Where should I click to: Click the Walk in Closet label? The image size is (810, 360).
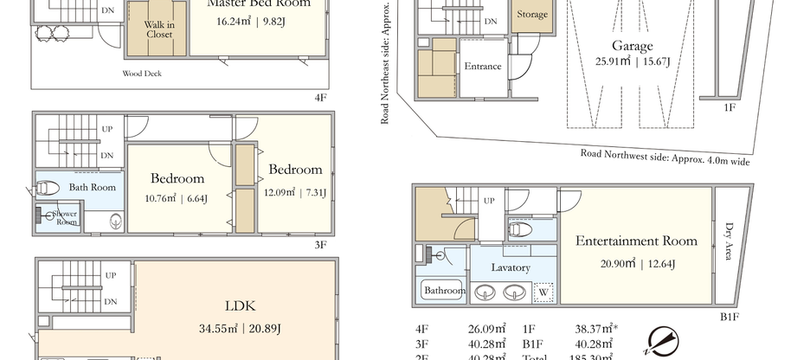[159, 29]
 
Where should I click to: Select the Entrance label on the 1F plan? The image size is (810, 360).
[482, 67]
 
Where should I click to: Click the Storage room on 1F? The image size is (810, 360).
[531, 15]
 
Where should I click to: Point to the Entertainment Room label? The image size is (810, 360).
[635, 241]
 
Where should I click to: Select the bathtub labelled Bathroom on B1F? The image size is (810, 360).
[443, 291]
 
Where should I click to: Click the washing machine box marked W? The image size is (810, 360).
[543, 292]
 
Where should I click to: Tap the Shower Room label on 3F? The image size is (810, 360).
[65, 217]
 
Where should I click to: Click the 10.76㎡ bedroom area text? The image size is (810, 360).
[177, 198]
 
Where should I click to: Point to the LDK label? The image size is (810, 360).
[239, 305]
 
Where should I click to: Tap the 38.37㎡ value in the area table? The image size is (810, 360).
[569, 330]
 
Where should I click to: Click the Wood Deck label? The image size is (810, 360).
[142, 74]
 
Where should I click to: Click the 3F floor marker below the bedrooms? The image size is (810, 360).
[320, 245]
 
